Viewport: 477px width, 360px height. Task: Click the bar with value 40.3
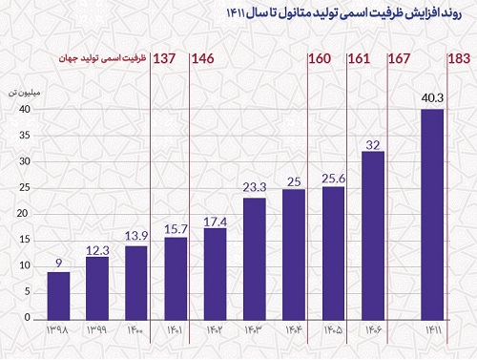(x=432, y=215)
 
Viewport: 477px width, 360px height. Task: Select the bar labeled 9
(x=58, y=296)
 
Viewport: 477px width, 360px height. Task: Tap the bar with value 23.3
(x=255, y=259)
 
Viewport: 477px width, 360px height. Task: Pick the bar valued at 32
(x=373, y=236)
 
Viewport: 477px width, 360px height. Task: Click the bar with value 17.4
(x=216, y=274)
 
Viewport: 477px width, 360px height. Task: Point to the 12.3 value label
(x=97, y=250)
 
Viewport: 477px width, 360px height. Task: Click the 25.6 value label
(x=333, y=179)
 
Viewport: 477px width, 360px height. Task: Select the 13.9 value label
(x=136, y=236)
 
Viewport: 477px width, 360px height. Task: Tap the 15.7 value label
(x=176, y=229)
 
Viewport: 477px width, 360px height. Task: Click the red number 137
(x=164, y=58)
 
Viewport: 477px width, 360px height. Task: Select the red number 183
(x=459, y=58)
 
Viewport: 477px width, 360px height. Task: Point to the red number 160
(x=320, y=58)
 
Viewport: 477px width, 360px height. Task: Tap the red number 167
(x=400, y=58)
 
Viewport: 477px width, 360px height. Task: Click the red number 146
(x=203, y=58)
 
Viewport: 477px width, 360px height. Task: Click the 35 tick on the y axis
(x=25, y=136)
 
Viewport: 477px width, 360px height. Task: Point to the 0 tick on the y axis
(x=28, y=317)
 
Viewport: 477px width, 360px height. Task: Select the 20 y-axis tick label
(x=23, y=213)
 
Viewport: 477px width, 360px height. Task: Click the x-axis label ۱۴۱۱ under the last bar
(x=433, y=330)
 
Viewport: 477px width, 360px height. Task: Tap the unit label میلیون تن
(x=24, y=93)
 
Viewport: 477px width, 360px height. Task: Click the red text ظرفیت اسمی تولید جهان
(x=102, y=59)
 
